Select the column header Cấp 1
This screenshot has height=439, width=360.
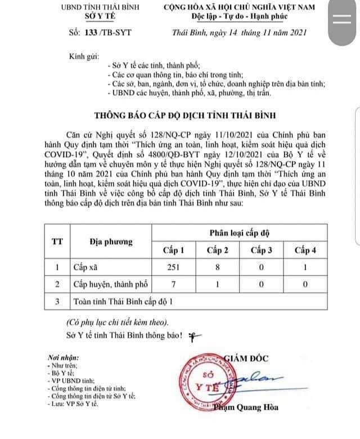(x=174, y=249)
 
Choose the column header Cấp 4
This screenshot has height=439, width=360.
(x=304, y=249)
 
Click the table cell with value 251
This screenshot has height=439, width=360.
(x=173, y=267)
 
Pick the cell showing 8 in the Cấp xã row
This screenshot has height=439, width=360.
(x=218, y=267)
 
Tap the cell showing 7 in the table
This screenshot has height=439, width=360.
(x=173, y=284)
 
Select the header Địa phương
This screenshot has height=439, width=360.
(x=111, y=241)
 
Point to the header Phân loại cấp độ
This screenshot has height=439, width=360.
(x=238, y=232)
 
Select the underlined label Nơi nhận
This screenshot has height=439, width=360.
(x=63, y=357)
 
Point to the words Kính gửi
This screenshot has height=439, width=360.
(x=83, y=57)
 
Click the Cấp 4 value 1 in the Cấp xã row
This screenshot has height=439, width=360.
(x=304, y=267)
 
